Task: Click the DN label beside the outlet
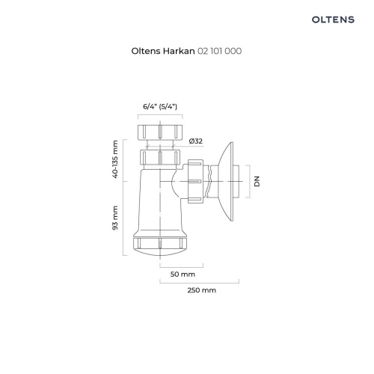(255, 182)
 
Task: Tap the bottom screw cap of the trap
(161, 245)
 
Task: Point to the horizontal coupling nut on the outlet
(196, 182)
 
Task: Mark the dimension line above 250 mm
(199, 282)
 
